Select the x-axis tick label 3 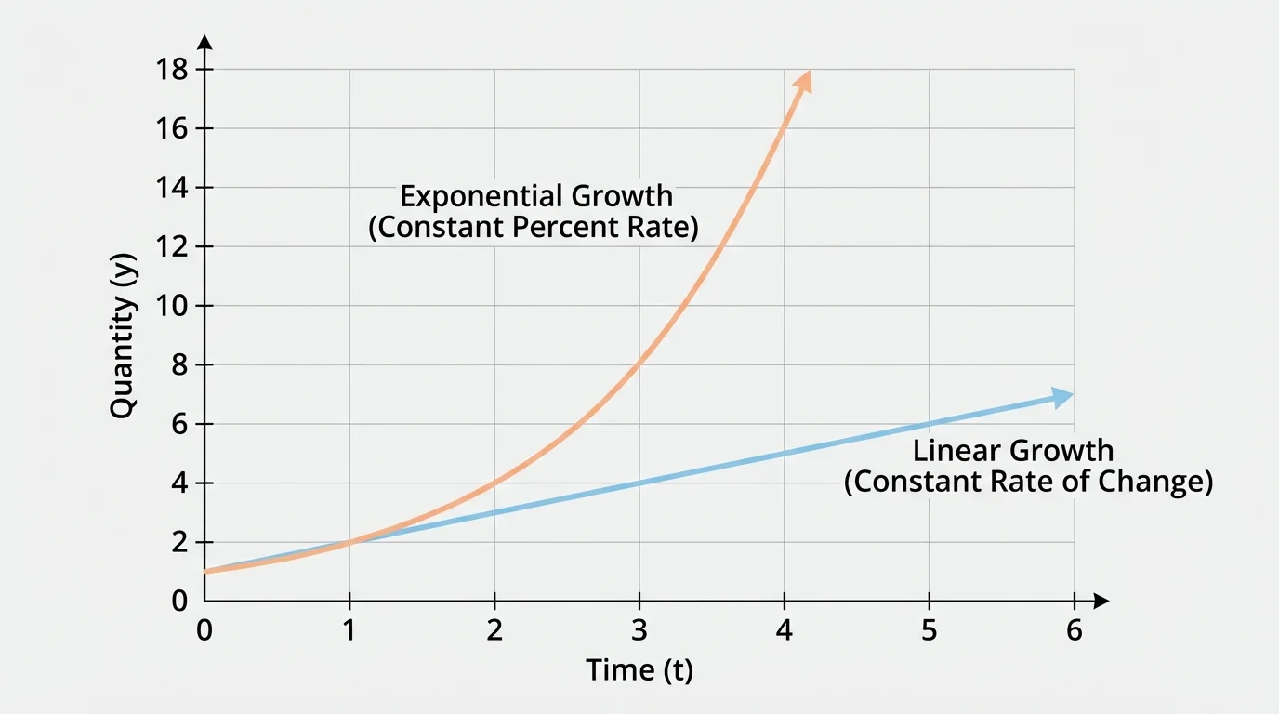coord(639,631)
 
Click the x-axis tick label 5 coord(930,631)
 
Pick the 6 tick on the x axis coord(1075,631)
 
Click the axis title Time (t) coord(639,670)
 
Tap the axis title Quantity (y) coord(124,335)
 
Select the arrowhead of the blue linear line coord(1063,397)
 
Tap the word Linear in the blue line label coord(957,451)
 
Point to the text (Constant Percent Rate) coord(534,228)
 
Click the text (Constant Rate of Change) coord(1028,483)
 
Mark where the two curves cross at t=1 coord(349,542)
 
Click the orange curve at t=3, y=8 coord(639,365)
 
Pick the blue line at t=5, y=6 coord(930,424)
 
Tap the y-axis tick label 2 coord(178,542)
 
